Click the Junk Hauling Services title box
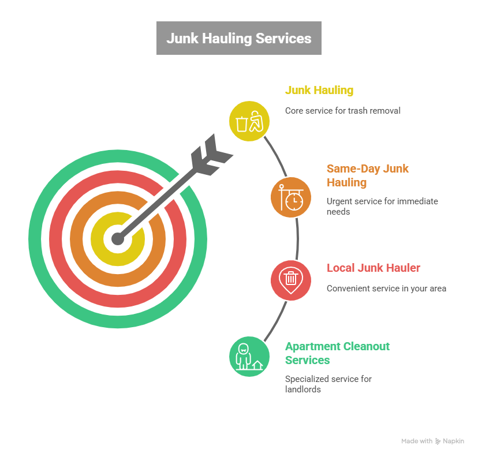click(x=238, y=38)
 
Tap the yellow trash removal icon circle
click(x=249, y=121)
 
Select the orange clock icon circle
click(x=291, y=197)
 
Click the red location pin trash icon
click(x=291, y=279)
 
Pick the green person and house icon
click(x=249, y=356)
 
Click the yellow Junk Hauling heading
click(x=319, y=91)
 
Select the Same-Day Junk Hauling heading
click(x=367, y=175)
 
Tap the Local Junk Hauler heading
click(x=373, y=268)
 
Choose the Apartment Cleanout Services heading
click(x=337, y=353)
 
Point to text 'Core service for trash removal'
click(x=342, y=110)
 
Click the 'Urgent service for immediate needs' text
click(x=382, y=207)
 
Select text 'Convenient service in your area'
click(x=386, y=288)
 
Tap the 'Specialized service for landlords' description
click(x=328, y=384)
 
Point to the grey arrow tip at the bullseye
click(x=118, y=238)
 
